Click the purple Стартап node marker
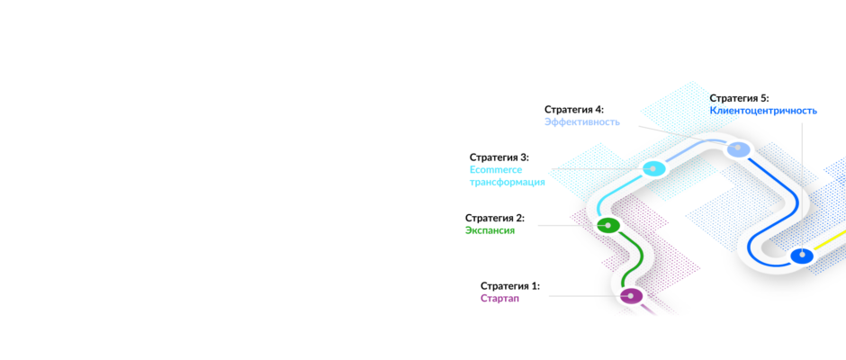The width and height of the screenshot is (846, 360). [x=631, y=296]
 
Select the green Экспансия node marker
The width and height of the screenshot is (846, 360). [x=607, y=225]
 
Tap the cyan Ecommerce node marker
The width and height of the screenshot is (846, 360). [x=652, y=169]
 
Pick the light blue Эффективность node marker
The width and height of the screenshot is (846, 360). [x=738, y=149]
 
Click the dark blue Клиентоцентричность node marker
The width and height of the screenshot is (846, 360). [x=802, y=255]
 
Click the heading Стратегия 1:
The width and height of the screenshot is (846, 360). [x=510, y=285]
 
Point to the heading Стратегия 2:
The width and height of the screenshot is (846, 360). [x=495, y=218]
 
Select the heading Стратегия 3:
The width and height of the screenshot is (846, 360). [x=499, y=157]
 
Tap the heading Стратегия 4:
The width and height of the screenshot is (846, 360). [x=574, y=110]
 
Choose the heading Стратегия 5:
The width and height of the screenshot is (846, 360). [x=739, y=98]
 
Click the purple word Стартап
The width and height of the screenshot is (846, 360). [x=499, y=298]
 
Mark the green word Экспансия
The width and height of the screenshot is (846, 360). [x=490, y=230]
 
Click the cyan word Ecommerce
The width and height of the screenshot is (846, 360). [x=496, y=170]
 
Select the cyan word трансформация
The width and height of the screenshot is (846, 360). [x=508, y=183]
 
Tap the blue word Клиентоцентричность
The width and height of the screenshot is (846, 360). [x=763, y=111]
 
